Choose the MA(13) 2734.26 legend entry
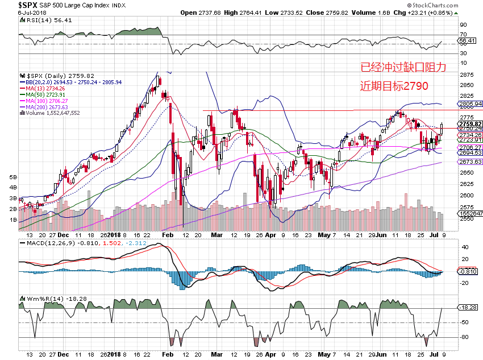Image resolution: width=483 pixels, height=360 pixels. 44,88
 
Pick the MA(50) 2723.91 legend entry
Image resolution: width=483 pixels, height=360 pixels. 44,94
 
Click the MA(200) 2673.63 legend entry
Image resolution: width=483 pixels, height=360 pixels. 45,107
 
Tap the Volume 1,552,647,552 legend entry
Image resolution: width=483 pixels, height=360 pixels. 51,113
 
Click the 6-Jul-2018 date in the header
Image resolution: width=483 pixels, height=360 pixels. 16,12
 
